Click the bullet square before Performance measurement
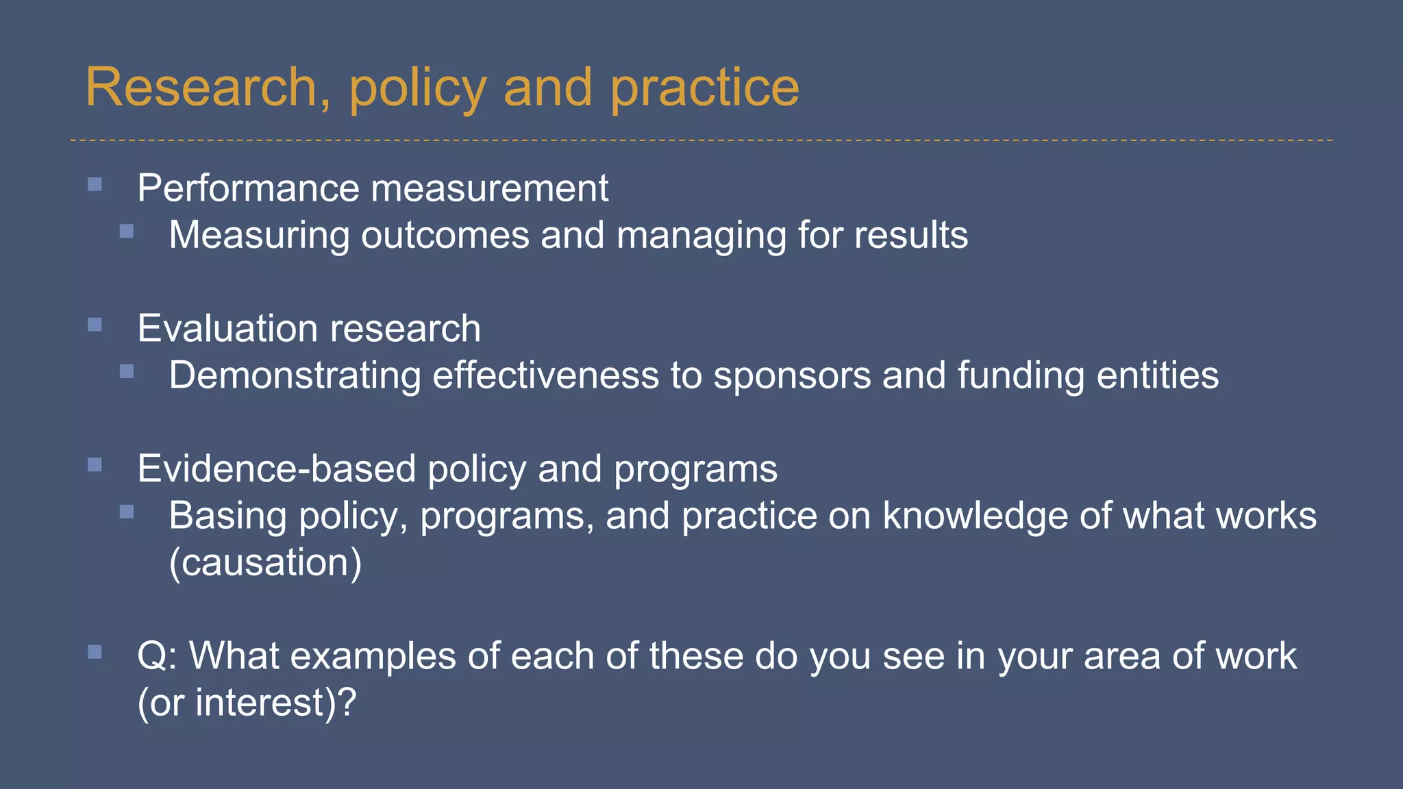coord(95,184)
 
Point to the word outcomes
coord(445,236)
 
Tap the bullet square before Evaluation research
coord(95,325)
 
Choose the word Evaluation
coord(221,329)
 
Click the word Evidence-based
coord(276,469)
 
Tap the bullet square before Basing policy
coord(127,512)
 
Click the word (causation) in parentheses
coord(265,563)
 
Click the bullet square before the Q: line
coord(95,652)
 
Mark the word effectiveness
coord(545,376)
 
